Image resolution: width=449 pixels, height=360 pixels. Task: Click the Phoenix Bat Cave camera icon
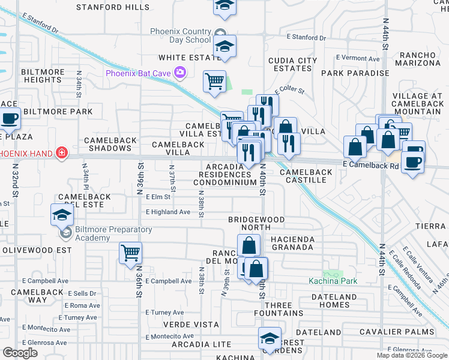pyautogui.click(x=179, y=73)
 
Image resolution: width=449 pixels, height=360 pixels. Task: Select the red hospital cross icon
pyautogui.click(x=61, y=153)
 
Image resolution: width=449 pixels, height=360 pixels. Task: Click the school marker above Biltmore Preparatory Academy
pyautogui.click(x=62, y=214)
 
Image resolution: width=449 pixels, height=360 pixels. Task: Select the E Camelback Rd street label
pyautogui.click(x=371, y=164)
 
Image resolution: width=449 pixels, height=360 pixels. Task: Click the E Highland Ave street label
pyautogui.click(x=167, y=212)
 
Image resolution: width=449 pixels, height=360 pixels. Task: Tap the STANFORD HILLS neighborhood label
pyautogui.click(x=113, y=7)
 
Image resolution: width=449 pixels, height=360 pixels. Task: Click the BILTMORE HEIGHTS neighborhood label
pyautogui.click(x=43, y=76)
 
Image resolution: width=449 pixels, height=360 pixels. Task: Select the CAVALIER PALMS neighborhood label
pyautogui.click(x=396, y=332)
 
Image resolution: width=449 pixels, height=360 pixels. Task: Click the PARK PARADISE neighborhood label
pyautogui.click(x=355, y=73)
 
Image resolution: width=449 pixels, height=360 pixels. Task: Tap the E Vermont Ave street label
pyautogui.click(x=358, y=58)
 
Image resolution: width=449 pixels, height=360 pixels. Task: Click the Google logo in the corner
pyautogui.click(x=20, y=353)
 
